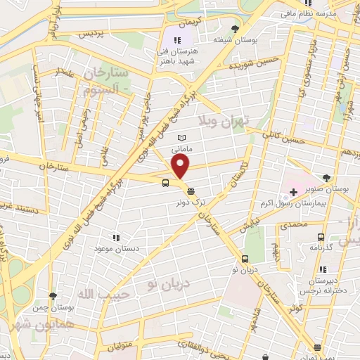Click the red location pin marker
[x=181, y=167]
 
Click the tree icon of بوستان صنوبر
[x=326, y=179]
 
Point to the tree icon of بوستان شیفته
[x=236, y=29]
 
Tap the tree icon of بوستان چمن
[x=53, y=296]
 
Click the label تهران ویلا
[x=224, y=120]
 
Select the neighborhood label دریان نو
[x=163, y=283]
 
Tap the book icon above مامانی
[x=181, y=137]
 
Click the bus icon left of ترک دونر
[x=165, y=184]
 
